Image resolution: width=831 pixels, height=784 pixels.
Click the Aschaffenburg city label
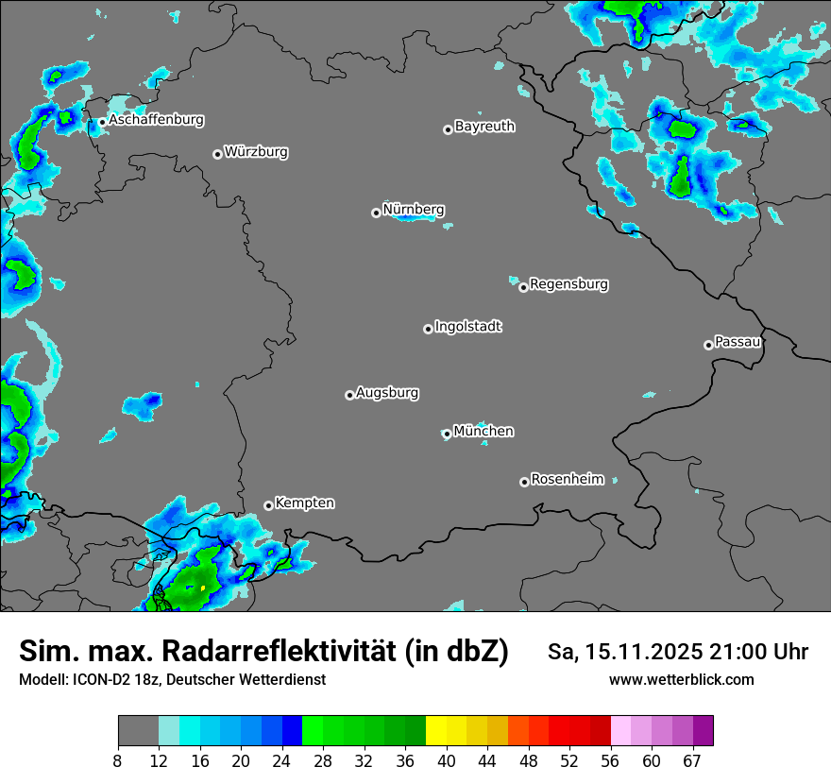point(156,120)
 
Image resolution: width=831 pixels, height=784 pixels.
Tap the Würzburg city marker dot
point(217,154)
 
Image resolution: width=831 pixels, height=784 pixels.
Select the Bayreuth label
point(484,126)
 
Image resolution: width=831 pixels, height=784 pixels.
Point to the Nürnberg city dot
point(376,213)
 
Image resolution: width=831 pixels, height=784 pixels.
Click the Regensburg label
point(568,283)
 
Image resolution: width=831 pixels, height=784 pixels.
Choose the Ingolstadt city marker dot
point(428,329)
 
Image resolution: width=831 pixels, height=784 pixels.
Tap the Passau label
point(738,341)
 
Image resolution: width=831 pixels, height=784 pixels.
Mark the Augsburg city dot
point(349,395)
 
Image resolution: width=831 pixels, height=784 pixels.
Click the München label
point(483,431)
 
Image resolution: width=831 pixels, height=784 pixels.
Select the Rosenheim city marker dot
point(524,482)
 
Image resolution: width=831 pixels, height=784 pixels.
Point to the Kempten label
point(304,503)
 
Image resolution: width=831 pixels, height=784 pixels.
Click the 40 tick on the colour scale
point(447,760)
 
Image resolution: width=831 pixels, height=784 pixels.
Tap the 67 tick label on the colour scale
point(692,760)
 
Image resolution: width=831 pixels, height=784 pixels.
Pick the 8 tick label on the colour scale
point(118,760)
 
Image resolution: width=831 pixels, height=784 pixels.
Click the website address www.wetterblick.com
point(681,679)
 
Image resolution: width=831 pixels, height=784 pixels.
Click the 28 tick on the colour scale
point(323,760)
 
